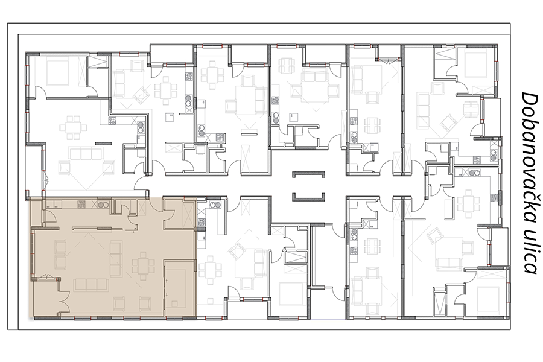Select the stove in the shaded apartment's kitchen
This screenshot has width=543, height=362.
(x=81, y=204)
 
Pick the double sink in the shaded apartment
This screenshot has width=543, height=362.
(x=103, y=204)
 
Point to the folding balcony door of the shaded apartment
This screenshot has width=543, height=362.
(x=45, y=276)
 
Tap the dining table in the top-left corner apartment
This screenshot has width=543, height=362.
(x=73, y=127)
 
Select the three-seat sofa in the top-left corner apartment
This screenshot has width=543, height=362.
(x=86, y=153)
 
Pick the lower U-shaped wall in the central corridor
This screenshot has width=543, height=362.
(x=308, y=197)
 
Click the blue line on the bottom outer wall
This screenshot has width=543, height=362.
(x=328, y=319)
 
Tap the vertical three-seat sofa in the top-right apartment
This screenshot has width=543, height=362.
(x=422, y=110)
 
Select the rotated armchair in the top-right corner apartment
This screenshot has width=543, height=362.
(x=448, y=123)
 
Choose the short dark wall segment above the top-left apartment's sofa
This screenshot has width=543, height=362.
(x=103, y=142)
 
